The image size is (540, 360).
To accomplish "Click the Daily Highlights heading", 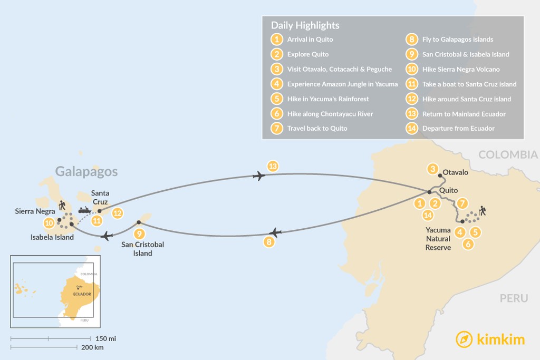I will [x=305, y=25].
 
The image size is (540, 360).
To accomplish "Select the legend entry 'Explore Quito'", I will [x=308, y=54].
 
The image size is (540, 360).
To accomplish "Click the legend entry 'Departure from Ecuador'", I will [x=458, y=128].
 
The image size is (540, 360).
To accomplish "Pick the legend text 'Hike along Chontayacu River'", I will [x=330, y=114].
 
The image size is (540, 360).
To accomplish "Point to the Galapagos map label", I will [x=86, y=171].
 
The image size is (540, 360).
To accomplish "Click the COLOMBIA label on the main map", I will [x=508, y=154].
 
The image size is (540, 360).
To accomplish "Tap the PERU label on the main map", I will [x=514, y=298].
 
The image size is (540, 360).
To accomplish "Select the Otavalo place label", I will [x=456, y=172].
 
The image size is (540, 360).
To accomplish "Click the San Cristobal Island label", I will [x=142, y=249].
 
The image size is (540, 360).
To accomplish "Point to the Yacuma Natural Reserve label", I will [x=438, y=238].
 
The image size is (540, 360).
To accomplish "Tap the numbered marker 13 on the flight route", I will [x=272, y=166].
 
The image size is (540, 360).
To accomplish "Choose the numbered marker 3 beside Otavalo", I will [x=433, y=169].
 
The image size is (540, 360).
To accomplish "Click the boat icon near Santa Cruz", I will [x=85, y=210].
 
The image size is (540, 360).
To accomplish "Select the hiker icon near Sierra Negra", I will [x=63, y=205].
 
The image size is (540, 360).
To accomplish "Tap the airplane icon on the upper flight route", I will [x=258, y=176].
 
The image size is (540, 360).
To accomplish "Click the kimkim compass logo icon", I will [x=464, y=339].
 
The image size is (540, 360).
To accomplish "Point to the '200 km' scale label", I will [x=93, y=347].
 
